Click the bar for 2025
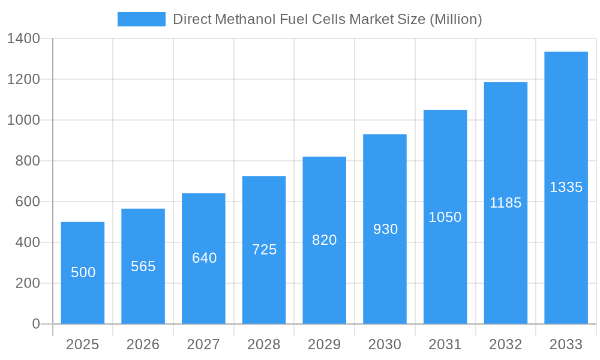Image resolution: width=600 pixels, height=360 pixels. click(83, 273)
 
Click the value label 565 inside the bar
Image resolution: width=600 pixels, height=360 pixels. click(143, 266)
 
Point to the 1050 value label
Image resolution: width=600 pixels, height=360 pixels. click(445, 217)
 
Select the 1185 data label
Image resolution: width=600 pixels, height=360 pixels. click(506, 203)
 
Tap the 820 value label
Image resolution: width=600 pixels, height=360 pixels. click(325, 240)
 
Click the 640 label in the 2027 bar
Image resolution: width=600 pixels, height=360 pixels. click(204, 258)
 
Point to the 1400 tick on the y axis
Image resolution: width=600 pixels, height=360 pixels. click(23, 39)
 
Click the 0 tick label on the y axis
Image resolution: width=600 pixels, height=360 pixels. click(35, 324)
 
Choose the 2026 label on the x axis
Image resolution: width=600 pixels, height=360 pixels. click(143, 344)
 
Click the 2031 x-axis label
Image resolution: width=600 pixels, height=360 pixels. click(445, 344)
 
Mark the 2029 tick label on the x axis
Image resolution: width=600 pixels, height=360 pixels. click(325, 344)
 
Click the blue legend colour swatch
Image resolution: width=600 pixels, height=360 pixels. click(142, 19)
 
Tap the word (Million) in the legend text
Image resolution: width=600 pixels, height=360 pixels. click(456, 19)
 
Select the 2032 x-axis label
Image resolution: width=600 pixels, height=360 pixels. click(506, 344)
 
